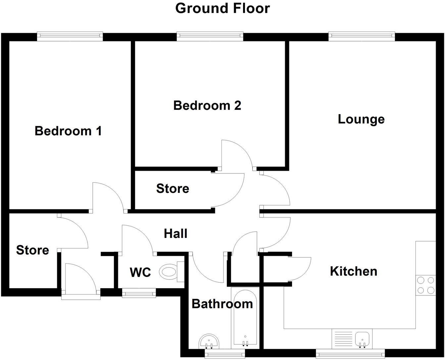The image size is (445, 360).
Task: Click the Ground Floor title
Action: [x=222, y=8]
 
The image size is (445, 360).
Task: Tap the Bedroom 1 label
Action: [x=68, y=131]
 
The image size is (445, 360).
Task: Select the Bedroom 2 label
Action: [x=207, y=106]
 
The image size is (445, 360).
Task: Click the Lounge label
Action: [x=361, y=119]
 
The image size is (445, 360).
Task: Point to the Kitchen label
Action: [x=354, y=271]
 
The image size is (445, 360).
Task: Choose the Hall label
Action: [x=176, y=234]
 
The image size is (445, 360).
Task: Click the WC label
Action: [x=140, y=272]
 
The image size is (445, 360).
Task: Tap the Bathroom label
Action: [x=222, y=304]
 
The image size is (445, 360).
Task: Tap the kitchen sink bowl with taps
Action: [x=363, y=339]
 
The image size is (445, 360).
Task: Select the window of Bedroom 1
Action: [x=70, y=36]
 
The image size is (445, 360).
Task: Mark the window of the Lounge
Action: [x=362, y=36]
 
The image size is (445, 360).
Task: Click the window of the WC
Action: [x=139, y=293]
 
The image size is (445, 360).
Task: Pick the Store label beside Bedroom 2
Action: [x=173, y=189]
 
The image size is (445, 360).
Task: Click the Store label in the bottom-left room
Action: [x=32, y=250]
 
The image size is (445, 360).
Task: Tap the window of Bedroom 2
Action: [x=210, y=36]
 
